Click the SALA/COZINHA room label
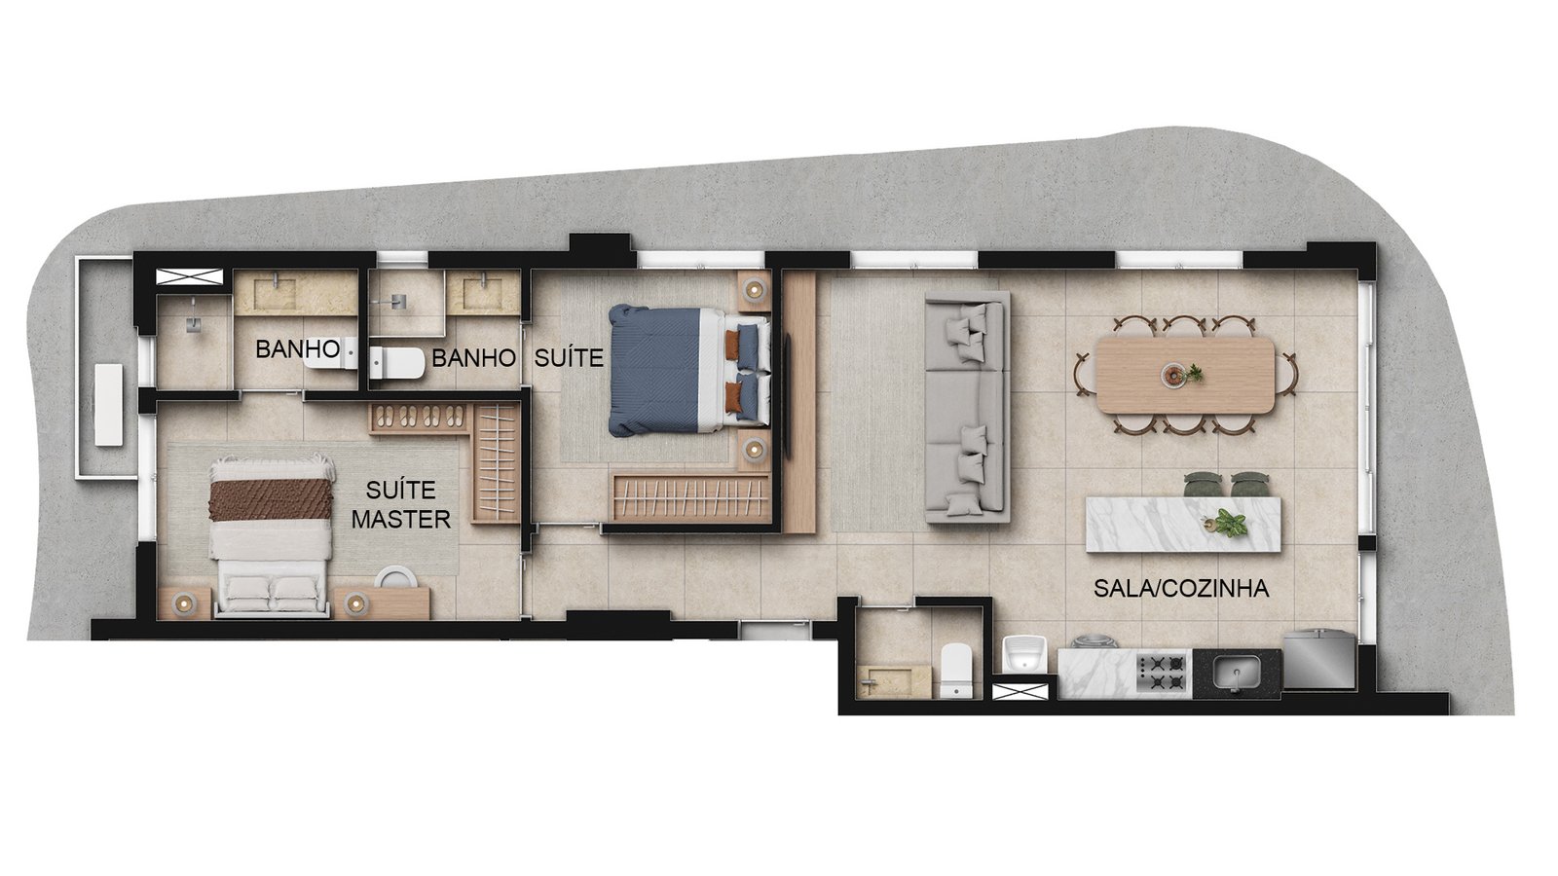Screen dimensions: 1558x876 [x=1181, y=589]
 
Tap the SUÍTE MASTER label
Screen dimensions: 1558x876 [x=400, y=505]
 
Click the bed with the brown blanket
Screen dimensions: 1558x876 [x=272, y=536]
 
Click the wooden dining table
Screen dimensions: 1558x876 [x=1185, y=376]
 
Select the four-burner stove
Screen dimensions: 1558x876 [x=1163, y=672]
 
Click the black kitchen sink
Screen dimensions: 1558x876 [x=1236, y=673]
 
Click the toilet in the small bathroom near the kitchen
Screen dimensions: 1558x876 [x=955, y=670]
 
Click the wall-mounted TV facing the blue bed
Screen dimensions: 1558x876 [x=789, y=396]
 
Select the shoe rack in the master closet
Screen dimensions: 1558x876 [x=419, y=418]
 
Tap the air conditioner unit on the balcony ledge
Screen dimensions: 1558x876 [x=109, y=405]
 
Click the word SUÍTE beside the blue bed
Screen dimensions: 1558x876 [x=569, y=357]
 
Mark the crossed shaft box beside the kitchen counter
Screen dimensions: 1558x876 [x=1020, y=692]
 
